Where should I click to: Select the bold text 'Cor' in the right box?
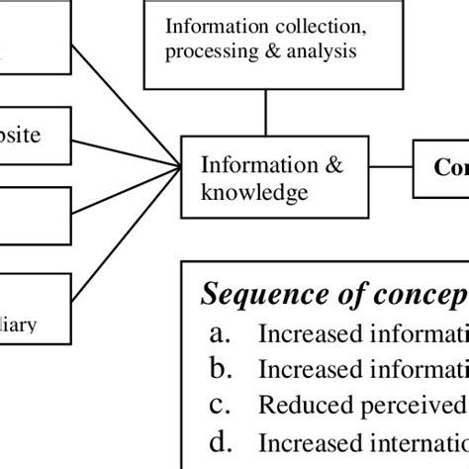[451, 166]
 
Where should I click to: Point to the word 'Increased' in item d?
[306, 439]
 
